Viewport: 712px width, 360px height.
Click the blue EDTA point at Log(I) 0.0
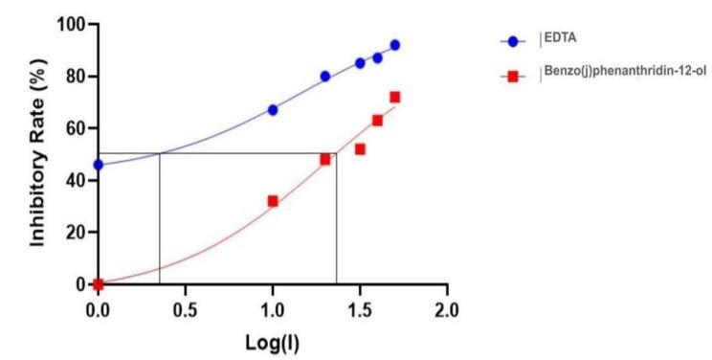pos(98,165)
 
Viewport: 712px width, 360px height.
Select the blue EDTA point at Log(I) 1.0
pos(273,110)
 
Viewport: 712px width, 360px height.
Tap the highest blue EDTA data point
pos(394,45)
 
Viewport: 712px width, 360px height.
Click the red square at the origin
pos(98,284)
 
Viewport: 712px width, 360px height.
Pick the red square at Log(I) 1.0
pos(273,201)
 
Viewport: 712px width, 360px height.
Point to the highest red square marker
pos(394,97)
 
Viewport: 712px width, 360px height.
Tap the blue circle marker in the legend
pos(513,41)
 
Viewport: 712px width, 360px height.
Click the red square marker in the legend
pos(513,77)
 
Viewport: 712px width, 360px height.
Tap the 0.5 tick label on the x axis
pos(185,310)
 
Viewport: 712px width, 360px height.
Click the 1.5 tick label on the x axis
pos(360,310)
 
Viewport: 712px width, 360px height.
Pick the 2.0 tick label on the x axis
pos(447,310)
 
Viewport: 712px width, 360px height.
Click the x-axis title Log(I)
pos(272,341)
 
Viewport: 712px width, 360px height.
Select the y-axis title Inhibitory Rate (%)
pos(38,154)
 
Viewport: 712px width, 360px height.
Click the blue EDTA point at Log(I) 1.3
pos(325,76)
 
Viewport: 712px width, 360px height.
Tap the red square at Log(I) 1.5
pos(360,148)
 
